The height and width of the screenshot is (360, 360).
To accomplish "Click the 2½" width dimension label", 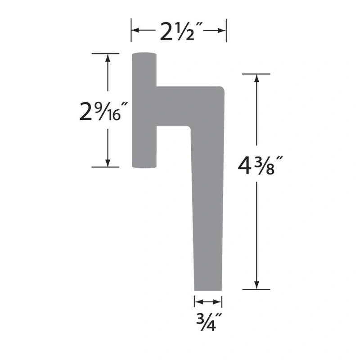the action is coord(181,31).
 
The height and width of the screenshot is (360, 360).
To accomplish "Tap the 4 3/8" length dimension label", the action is coord(260,165).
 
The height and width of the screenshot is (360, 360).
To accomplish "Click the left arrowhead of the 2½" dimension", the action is coord(135,30).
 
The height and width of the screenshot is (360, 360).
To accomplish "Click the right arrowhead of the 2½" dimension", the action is coord(222,30).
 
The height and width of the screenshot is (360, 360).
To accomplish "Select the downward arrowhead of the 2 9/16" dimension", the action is coord(108,163).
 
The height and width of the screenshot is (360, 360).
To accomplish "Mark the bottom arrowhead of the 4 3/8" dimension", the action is coord(256,285).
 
